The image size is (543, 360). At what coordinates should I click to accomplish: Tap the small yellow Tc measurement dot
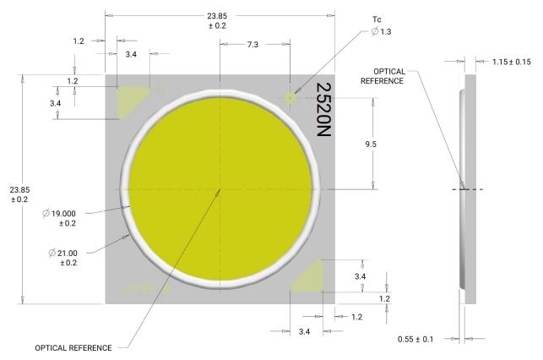click(291, 98)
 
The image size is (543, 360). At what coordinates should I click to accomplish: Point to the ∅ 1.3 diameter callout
click(380, 31)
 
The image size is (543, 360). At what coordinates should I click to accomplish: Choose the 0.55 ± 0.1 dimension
click(415, 339)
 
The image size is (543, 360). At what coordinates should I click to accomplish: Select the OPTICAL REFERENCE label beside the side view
click(382, 75)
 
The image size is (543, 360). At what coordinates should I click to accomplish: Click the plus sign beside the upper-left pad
click(154, 89)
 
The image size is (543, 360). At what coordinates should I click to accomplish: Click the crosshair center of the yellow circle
click(220, 188)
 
